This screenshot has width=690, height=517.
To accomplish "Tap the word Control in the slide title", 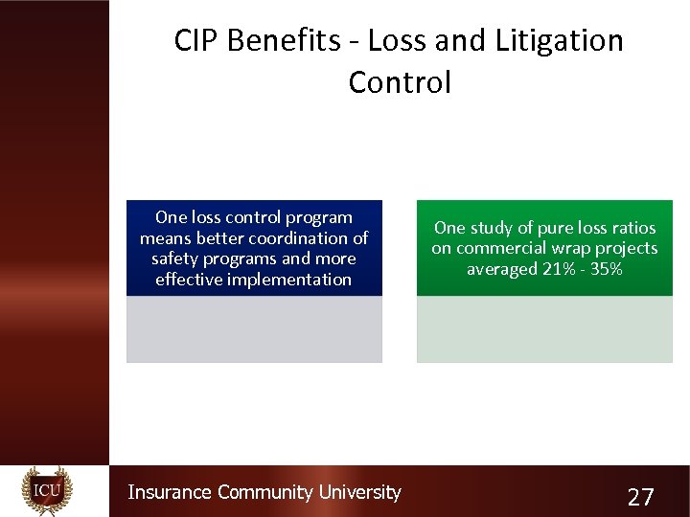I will (x=399, y=82).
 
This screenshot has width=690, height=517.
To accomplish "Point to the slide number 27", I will (x=639, y=497).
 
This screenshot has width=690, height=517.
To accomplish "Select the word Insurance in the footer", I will (x=170, y=492).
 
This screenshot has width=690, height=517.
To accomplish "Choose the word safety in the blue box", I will (x=174, y=258).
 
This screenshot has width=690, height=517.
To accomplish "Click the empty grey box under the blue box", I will (x=254, y=328).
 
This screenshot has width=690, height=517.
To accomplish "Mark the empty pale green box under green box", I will (x=544, y=328).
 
